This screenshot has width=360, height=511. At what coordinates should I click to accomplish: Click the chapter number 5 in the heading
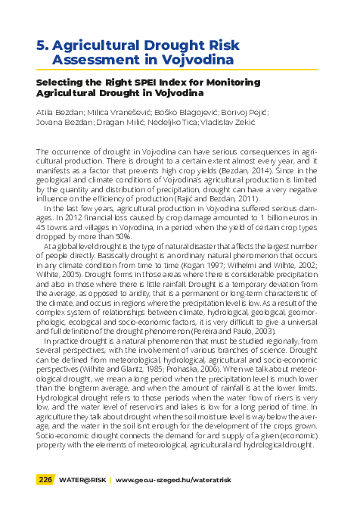(42, 45)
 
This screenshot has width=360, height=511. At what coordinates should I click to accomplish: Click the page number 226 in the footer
(46, 479)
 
